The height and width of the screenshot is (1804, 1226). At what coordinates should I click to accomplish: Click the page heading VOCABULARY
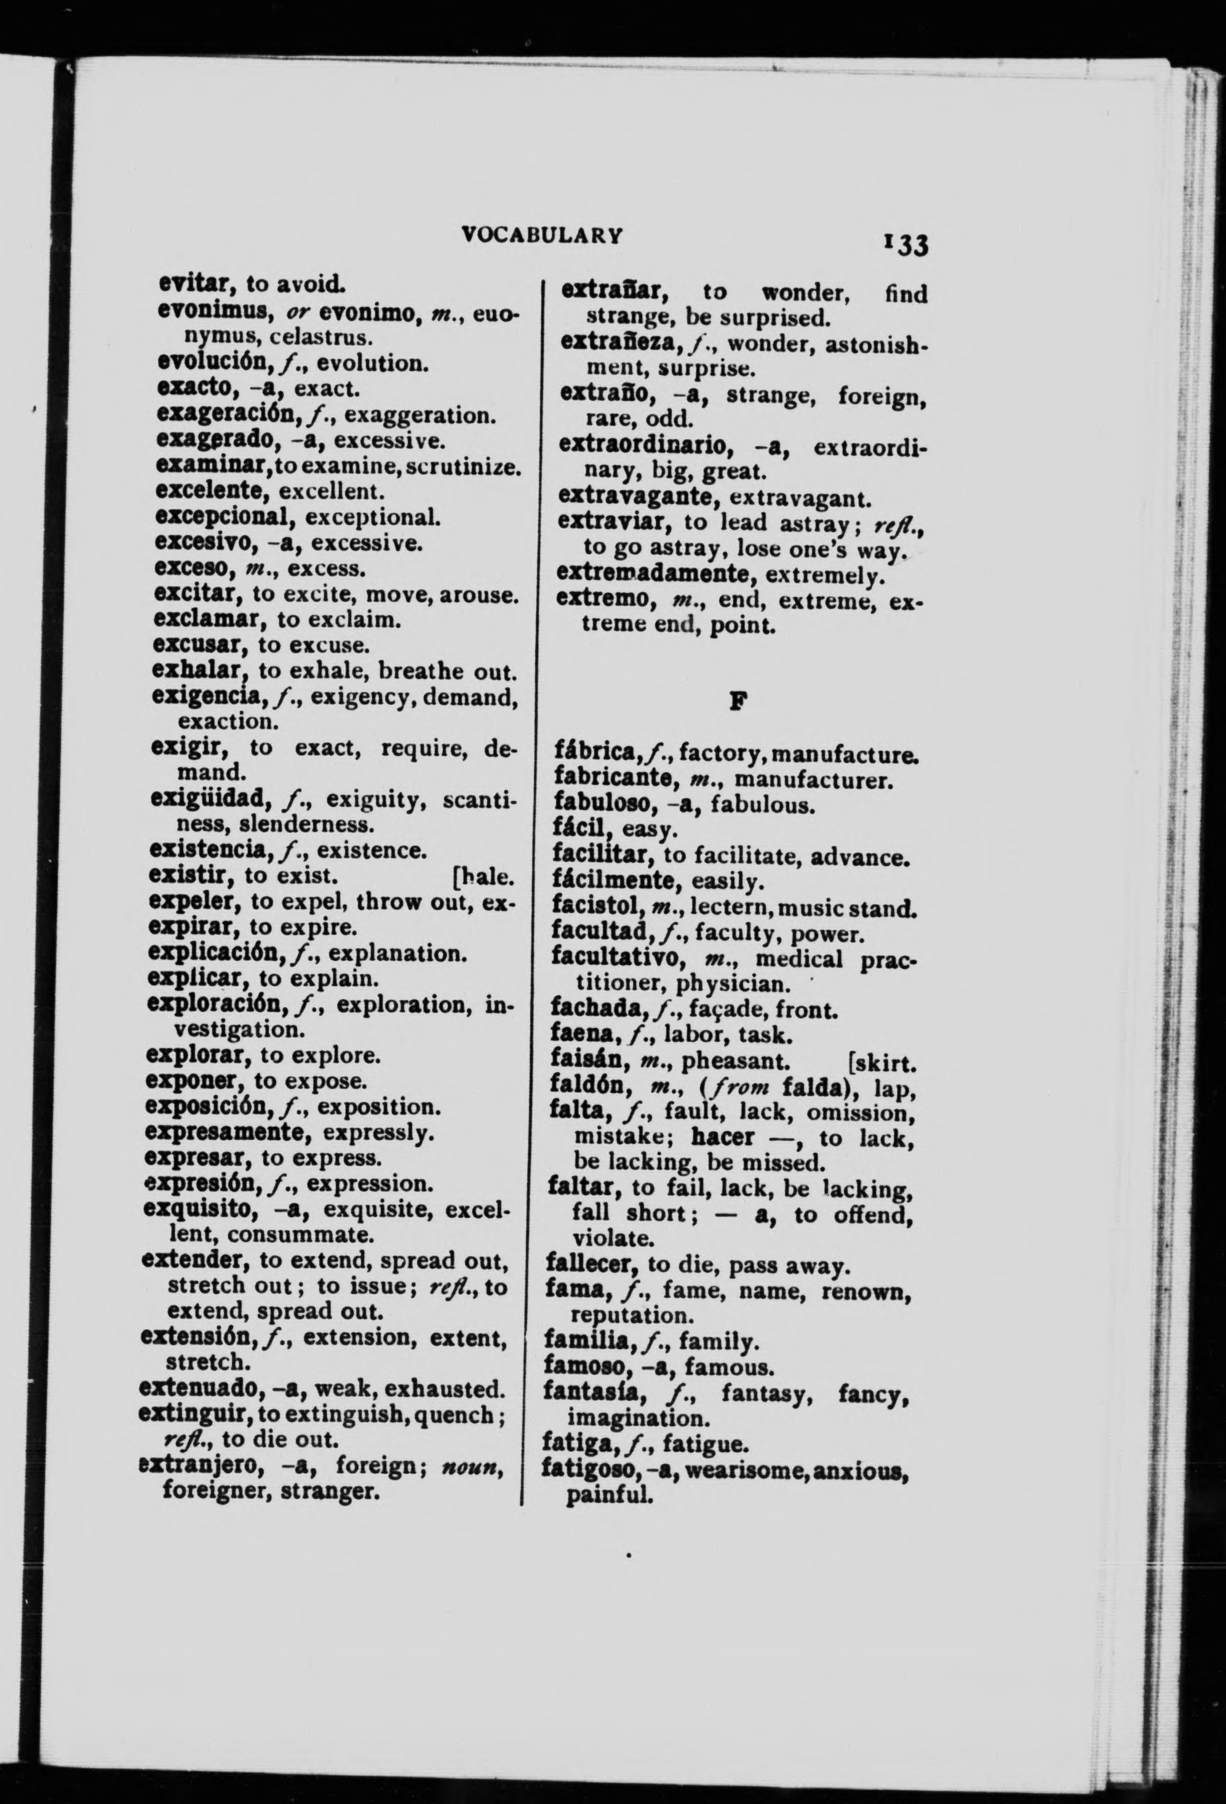tap(541, 235)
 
